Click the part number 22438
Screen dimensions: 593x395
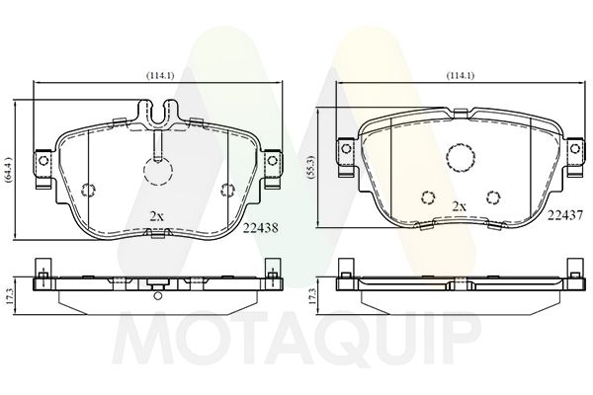(x=261, y=228)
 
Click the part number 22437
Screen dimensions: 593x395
(x=564, y=215)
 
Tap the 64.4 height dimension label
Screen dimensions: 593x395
(x=10, y=171)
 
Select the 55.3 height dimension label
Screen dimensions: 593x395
(x=311, y=167)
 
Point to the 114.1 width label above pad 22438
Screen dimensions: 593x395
(x=160, y=75)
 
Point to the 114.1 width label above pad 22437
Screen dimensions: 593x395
(x=460, y=76)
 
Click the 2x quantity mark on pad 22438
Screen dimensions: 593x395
(x=156, y=216)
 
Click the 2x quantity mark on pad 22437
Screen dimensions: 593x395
(x=460, y=206)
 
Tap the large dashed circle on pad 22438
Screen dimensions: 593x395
(x=158, y=171)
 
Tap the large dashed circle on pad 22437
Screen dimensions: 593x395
(x=461, y=158)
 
